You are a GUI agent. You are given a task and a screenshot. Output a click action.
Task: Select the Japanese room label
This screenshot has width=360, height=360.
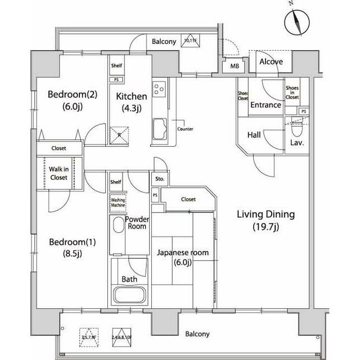coord(182,258)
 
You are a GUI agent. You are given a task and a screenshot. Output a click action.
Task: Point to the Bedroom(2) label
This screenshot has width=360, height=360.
coord(64,100)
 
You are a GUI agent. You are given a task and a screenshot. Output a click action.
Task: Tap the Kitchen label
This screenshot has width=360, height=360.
coord(131,101)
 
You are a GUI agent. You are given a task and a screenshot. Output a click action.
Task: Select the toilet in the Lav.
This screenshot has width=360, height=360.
coord(296,130)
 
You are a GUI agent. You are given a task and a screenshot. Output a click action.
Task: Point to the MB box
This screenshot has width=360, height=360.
coord(233,66)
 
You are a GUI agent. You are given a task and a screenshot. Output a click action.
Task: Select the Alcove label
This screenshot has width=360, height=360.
coord(271,62)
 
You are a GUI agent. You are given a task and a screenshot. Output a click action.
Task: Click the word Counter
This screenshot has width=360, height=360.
coord(185,129)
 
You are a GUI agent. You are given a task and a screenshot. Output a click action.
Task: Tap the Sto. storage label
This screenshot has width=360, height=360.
coord(160,179)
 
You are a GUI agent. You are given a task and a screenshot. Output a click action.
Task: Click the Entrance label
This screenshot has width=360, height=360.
coord(265,105)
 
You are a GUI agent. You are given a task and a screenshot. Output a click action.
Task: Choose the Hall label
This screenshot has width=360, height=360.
coord(254,136)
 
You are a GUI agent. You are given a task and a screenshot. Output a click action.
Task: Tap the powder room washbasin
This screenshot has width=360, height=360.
coord(118,227)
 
